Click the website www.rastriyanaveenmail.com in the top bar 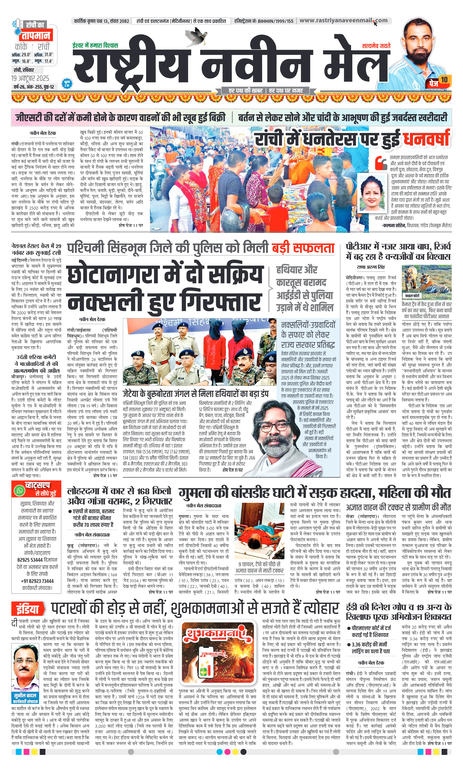coord(343,21)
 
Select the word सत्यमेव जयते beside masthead coord(376,46)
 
